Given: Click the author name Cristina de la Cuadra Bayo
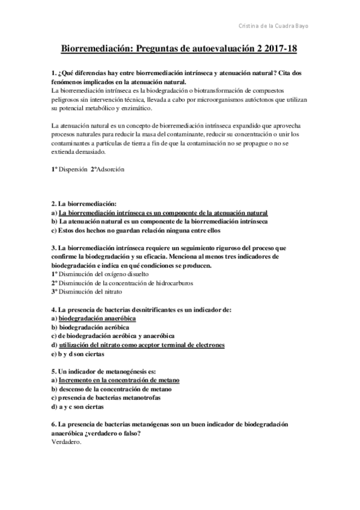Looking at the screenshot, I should (275, 26).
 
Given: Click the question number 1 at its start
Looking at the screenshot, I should (54, 73).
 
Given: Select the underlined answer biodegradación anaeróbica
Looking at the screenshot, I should (97, 318).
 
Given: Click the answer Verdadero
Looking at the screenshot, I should (67, 443).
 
